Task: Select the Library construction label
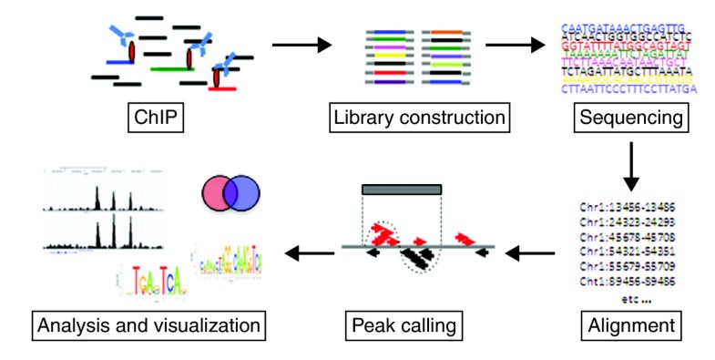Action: (418, 118)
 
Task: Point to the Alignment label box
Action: (634, 324)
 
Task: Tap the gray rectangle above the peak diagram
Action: (402, 189)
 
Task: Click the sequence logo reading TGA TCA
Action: (149, 290)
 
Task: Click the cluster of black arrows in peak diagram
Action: (420, 258)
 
